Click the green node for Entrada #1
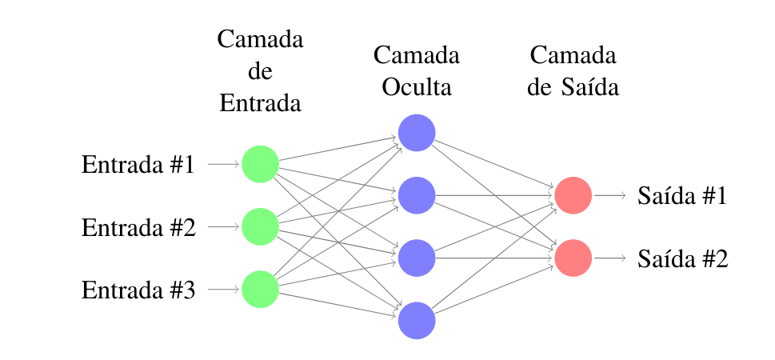[260, 164]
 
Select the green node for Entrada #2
[260, 226]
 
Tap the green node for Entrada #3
[260, 289]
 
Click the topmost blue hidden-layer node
[417, 133]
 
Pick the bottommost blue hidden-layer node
[417, 320]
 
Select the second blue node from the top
[417, 195]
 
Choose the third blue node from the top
[417, 258]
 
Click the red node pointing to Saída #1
[573, 195]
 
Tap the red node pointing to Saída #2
[573, 258]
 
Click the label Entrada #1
[138, 165]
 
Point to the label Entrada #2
[138, 227]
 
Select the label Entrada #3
[138, 290]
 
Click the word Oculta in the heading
[417, 86]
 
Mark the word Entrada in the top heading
[260, 102]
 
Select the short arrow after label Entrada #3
[224, 289]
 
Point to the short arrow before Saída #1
[609, 195]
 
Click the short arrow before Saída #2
[609, 258]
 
